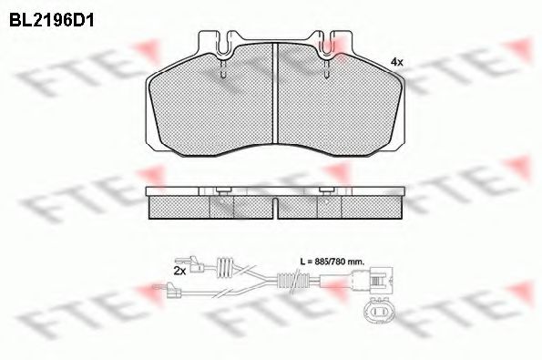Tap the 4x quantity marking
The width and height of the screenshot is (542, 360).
pyautogui.click(x=396, y=61)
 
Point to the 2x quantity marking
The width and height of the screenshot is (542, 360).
pyautogui.click(x=179, y=271)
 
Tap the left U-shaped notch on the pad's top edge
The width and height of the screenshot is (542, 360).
pyautogui.click(x=220, y=41)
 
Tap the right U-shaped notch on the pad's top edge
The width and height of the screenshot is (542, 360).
pyautogui.click(x=327, y=41)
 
